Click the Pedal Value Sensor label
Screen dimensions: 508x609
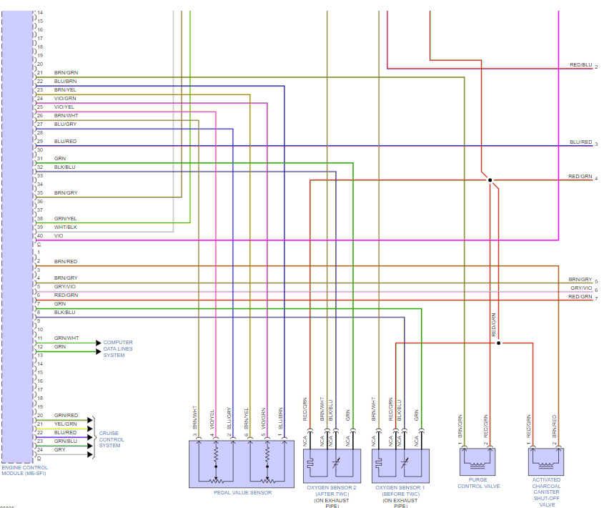tap(242, 492)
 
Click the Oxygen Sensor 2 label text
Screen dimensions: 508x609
tap(332, 487)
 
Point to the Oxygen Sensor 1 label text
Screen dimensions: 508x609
tap(400, 487)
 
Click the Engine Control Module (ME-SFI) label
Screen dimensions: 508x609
tap(24, 470)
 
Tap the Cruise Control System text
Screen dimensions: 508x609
tap(112, 439)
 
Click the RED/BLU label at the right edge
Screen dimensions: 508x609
tap(580, 64)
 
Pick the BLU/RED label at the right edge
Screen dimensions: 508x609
tap(580, 142)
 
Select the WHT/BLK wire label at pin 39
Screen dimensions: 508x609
tap(65, 227)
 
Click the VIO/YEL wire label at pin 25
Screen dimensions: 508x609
tap(64, 107)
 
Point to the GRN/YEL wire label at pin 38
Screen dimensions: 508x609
tap(65, 218)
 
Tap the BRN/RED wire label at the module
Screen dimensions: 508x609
tap(66, 261)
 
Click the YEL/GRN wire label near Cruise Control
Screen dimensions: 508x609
tap(66, 424)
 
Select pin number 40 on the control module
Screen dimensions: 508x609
tap(40, 235)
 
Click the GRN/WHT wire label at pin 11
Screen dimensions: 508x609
tap(66, 338)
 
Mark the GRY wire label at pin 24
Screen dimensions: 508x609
tap(59, 449)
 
